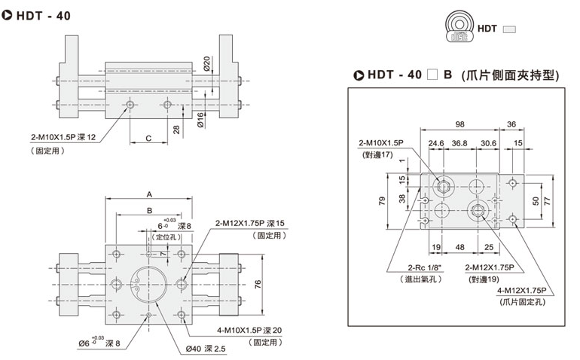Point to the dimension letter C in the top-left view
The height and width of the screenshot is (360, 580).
(x=149, y=139)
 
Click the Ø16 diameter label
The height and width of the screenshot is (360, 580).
(x=201, y=117)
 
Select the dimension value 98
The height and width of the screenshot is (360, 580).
(x=460, y=124)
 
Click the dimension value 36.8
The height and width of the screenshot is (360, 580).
(x=460, y=143)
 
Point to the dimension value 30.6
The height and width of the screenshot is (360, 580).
(x=487, y=143)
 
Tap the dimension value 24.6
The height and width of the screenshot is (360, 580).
(x=436, y=143)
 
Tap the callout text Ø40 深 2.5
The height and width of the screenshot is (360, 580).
(x=206, y=348)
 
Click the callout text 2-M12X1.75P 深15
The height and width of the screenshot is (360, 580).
(x=249, y=223)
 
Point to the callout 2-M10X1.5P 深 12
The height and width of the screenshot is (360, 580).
(x=63, y=138)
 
